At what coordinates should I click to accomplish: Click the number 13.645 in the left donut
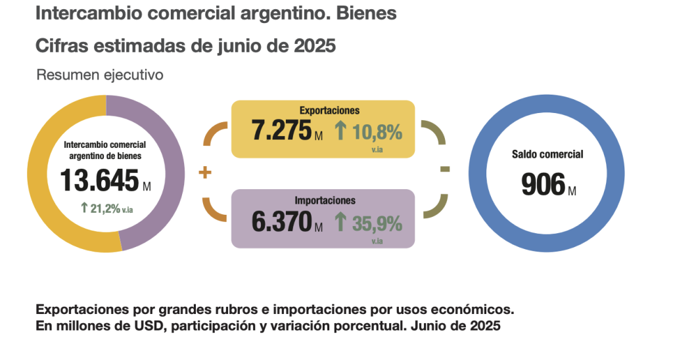[x=99, y=179]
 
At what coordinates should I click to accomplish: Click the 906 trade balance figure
[x=543, y=185]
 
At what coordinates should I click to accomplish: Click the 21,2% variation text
[x=105, y=208]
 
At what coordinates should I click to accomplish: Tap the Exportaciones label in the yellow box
[x=329, y=110]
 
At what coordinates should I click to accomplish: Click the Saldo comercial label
[x=547, y=155]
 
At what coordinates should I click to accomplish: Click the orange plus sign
[x=205, y=173]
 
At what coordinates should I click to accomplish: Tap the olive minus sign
[x=445, y=169]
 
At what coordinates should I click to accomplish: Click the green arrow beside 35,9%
[x=340, y=223]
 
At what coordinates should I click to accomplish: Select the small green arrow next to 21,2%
[x=83, y=208]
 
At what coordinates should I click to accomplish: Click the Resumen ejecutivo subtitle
[x=99, y=75]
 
